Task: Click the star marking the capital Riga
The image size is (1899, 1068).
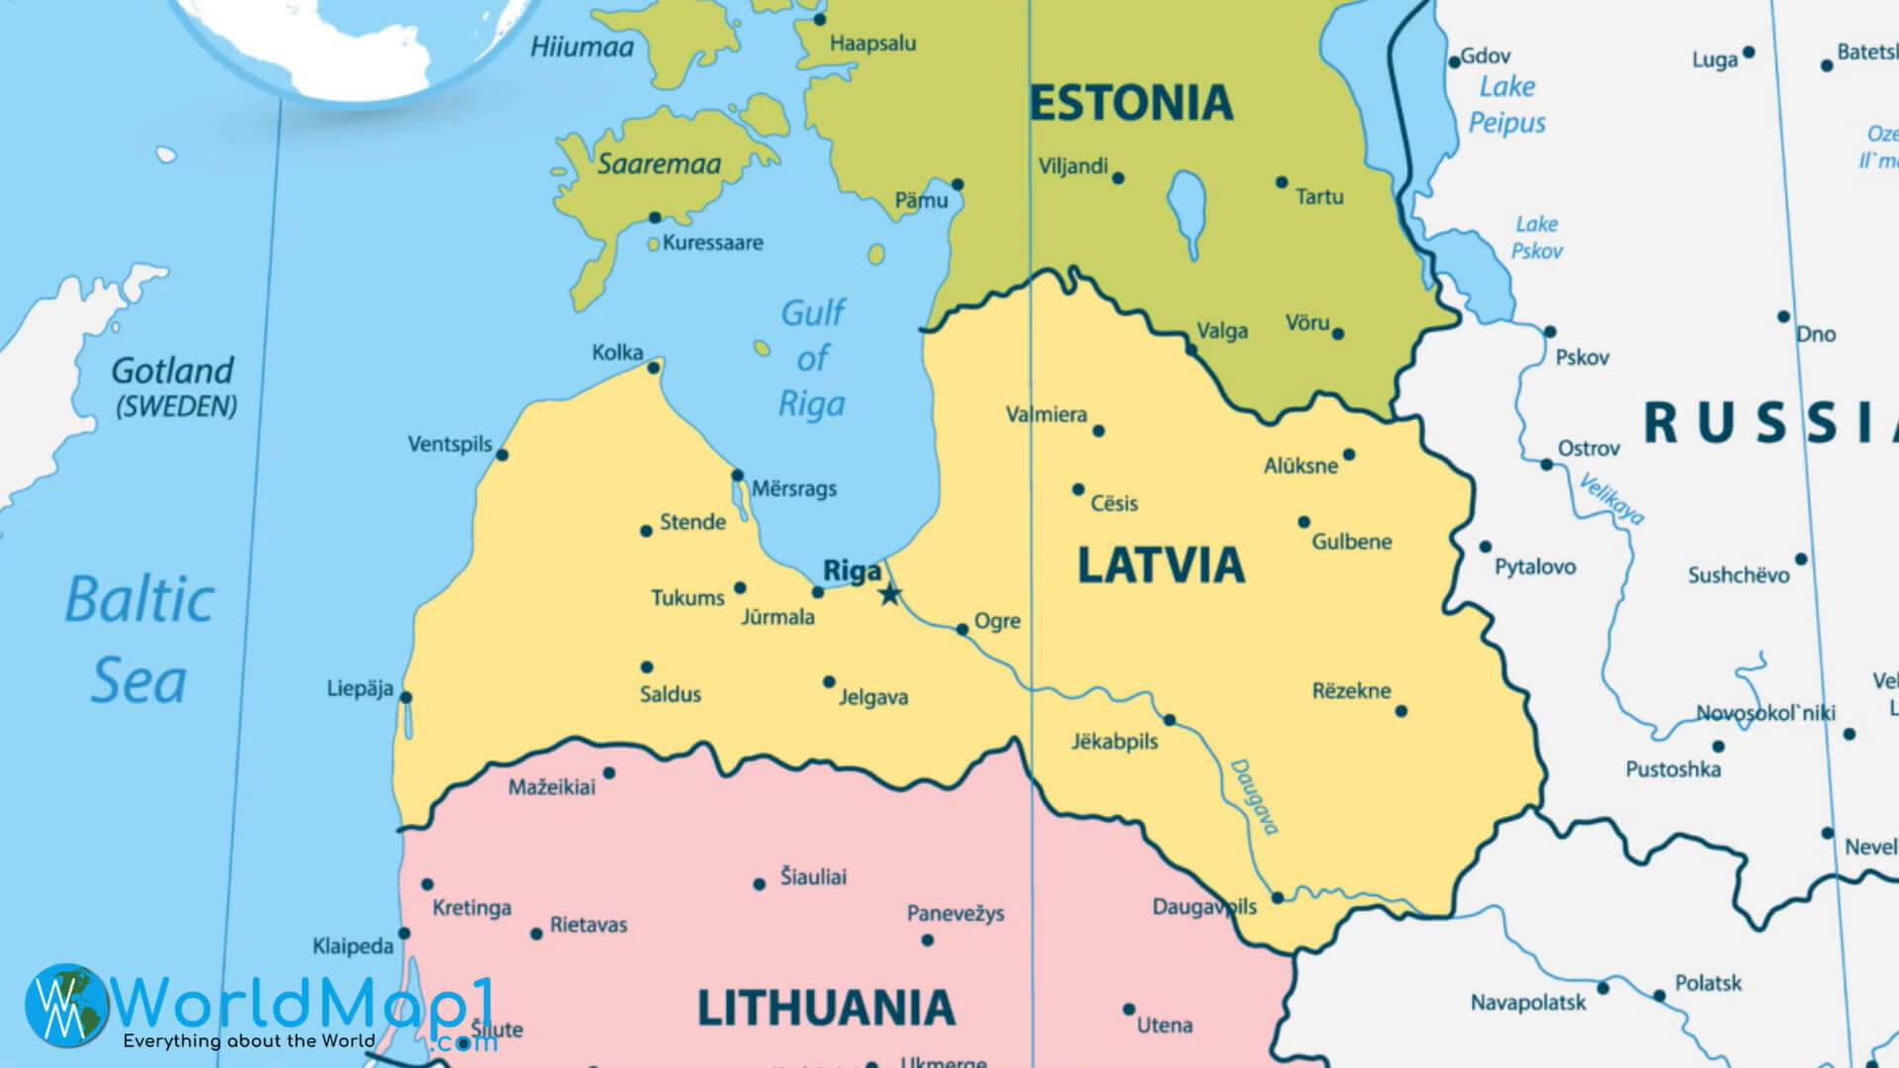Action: (890, 594)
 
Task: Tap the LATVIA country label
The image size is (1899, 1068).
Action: (1160, 565)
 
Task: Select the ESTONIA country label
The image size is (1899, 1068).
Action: (1131, 103)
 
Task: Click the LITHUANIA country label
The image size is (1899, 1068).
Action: (826, 1008)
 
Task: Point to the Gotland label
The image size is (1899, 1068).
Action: (172, 371)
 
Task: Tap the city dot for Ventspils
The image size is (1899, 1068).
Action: (501, 455)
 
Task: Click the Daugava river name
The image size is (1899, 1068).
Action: (1255, 796)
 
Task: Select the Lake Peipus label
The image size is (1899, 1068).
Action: (1506, 105)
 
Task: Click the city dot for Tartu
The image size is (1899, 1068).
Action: (1282, 182)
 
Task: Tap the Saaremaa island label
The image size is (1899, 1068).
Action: (659, 164)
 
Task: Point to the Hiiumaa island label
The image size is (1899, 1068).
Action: (582, 46)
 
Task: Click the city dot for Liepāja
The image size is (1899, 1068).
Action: (406, 697)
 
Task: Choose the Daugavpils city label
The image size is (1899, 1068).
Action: (1204, 907)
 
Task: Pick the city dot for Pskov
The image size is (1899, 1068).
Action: (1550, 332)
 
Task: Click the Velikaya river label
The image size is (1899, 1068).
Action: (1611, 499)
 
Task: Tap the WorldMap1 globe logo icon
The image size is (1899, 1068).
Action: (67, 1006)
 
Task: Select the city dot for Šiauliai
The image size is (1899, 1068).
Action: (760, 884)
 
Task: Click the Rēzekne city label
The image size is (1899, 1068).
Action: (1351, 690)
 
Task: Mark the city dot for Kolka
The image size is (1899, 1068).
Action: (653, 368)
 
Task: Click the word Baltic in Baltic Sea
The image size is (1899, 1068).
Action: (139, 600)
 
